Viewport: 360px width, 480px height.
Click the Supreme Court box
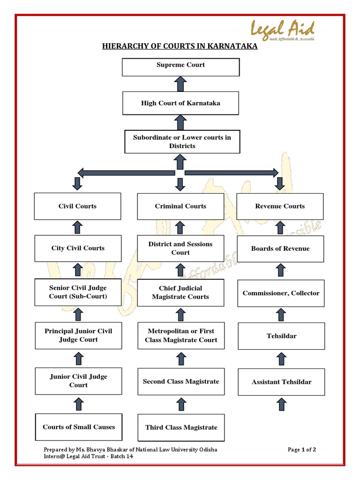[180, 66]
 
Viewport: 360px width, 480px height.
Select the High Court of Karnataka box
[180, 103]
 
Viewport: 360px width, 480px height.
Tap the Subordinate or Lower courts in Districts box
[182, 142]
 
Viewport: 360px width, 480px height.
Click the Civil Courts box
[77, 206]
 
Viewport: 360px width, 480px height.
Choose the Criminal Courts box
[180, 206]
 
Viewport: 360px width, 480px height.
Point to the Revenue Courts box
[280, 206]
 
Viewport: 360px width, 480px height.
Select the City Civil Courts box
[78, 248]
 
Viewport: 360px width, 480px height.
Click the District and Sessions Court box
[180, 248]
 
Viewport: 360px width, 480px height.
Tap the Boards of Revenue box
[280, 248]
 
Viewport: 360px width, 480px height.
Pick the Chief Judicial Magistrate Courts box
[180, 292]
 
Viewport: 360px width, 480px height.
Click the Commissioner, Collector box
[281, 293]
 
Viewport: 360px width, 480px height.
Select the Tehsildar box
[281, 336]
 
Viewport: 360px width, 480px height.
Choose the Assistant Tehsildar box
[281, 382]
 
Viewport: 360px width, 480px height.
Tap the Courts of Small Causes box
[79, 427]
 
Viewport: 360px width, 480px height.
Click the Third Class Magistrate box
[181, 427]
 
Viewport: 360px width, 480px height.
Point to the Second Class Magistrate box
[181, 382]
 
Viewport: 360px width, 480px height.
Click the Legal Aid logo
[282, 30]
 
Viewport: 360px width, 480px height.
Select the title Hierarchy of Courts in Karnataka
[180, 47]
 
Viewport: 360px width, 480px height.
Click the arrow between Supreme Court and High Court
[180, 84]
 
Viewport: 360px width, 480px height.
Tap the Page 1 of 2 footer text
[302, 450]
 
